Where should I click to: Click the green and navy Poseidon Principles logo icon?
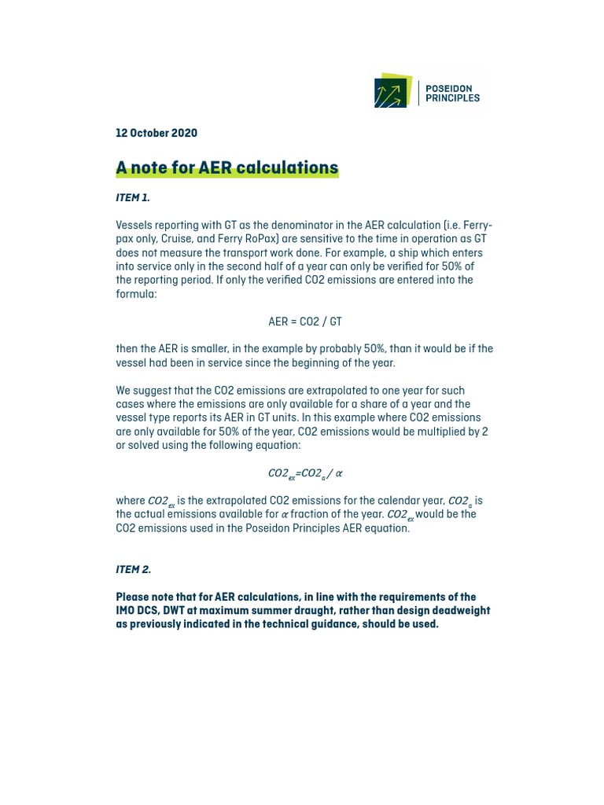(x=392, y=91)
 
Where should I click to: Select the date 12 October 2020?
(x=157, y=133)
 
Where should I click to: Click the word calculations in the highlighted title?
(x=290, y=167)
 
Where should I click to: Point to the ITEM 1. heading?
(x=133, y=197)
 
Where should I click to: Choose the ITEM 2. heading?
(x=134, y=569)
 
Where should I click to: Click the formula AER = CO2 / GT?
(x=305, y=322)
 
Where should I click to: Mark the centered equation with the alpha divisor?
(x=305, y=473)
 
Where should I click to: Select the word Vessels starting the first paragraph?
(x=134, y=226)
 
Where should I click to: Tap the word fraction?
(x=311, y=514)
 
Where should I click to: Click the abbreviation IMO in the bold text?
(x=126, y=610)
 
